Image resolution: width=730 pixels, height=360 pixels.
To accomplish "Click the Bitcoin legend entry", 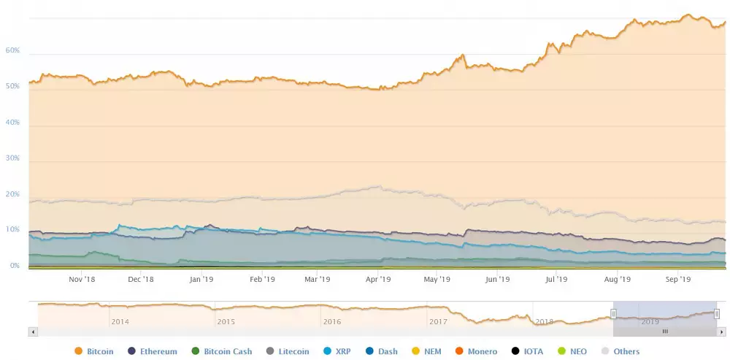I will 94,351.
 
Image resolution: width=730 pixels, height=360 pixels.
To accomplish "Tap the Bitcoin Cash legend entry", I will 221,351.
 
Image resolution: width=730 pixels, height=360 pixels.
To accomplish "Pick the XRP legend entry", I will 337,351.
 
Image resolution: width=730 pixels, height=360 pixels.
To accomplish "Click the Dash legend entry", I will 381,351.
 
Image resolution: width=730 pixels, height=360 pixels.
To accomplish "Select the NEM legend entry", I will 426,351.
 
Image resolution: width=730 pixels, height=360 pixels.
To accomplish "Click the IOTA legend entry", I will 527,351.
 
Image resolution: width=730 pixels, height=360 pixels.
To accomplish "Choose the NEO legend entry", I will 572,351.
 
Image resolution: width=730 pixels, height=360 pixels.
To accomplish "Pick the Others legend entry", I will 620,351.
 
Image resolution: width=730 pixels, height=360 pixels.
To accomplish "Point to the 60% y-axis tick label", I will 12,51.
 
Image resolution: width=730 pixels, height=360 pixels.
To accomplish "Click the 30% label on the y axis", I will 12,158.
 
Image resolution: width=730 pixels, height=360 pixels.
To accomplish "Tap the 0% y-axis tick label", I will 15,266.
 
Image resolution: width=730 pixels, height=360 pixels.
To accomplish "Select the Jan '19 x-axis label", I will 201,279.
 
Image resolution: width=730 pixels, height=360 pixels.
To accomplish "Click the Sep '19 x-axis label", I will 679,279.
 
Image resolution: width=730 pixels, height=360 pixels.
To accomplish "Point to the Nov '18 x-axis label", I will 82,279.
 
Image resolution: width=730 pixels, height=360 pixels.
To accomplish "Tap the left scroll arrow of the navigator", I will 32,332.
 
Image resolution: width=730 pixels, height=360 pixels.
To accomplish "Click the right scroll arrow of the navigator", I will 722,332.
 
